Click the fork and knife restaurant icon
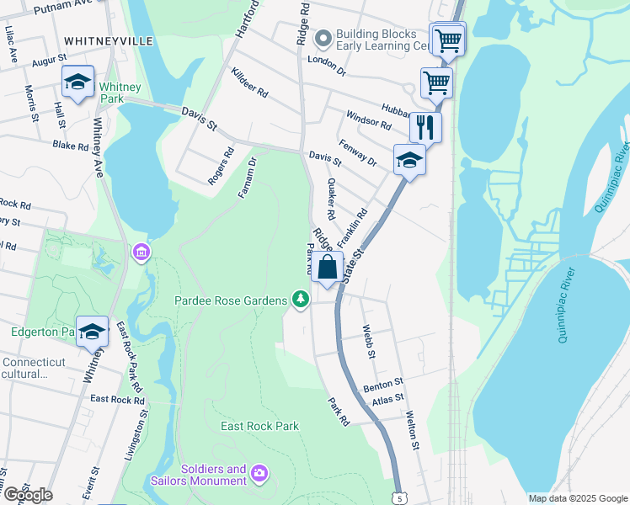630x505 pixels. click(425, 127)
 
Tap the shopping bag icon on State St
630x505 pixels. click(328, 268)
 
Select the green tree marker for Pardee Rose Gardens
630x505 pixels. click(300, 300)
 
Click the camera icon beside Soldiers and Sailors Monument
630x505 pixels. click(259, 476)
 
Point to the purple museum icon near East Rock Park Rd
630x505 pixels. click(140, 252)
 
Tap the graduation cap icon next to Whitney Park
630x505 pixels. click(77, 82)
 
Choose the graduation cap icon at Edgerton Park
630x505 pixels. click(92, 332)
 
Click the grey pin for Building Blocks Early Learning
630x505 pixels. click(323, 39)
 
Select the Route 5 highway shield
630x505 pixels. click(398, 497)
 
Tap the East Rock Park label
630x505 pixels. click(259, 426)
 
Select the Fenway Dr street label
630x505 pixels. click(357, 150)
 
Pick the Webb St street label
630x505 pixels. click(367, 342)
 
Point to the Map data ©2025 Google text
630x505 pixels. click(577, 498)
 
